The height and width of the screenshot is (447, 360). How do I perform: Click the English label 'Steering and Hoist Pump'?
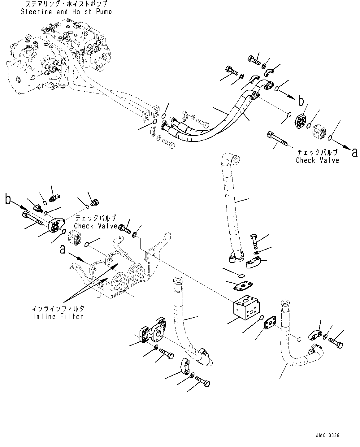click(x=66, y=12)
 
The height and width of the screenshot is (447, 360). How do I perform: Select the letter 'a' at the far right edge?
click(x=354, y=152)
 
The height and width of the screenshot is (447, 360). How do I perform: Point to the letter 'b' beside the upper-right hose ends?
click(x=301, y=101)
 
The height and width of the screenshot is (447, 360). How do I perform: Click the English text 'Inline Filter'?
click(x=58, y=316)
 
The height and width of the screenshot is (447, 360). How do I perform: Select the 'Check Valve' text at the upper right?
click(x=317, y=160)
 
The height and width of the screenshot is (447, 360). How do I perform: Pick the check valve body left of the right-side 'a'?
click(x=319, y=132)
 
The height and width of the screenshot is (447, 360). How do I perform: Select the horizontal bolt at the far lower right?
click(x=336, y=342)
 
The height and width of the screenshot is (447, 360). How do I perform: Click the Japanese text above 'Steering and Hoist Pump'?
click(x=66, y=4)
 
